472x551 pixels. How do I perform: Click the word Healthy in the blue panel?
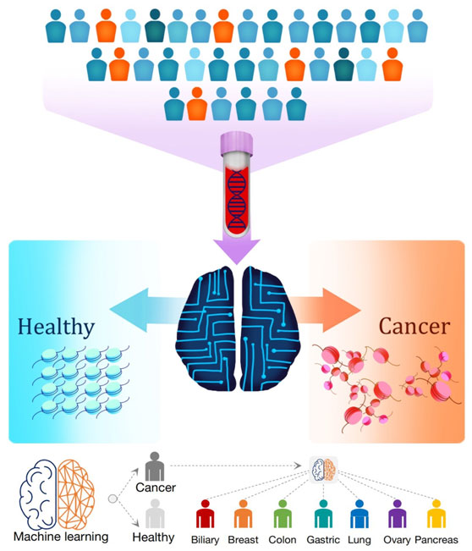pyautogui.click(x=56, y=328)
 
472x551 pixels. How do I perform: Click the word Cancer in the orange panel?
pyautogui.click(x=414, y=326)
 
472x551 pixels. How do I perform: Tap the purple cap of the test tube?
pyautogui.click(x=237, y=144)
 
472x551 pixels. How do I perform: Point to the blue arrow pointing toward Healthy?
pyautogui.click(x=147, y=310)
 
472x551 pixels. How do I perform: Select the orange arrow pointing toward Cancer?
pyautogui.click(x=325, y=310)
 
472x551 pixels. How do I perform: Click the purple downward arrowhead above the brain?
pyautogui.click(x=237, y=251)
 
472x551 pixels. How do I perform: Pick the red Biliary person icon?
pyautogui.click(x=205, y=514)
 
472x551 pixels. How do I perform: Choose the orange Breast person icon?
pyautogui.click(x=244, y=514)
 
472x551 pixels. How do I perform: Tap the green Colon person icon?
pyautogui.click(x=283, y=514)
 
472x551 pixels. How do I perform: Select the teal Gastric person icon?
pyautogui.click(x=323, y=514)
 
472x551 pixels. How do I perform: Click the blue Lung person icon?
pyautogui.click(x=359, y=514)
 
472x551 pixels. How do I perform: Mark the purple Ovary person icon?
pyautogui.click(x=398, y=514)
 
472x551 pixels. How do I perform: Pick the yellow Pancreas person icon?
pyautogui.click(x=436, y=514)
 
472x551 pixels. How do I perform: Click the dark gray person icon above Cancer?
pyautogui.click(x=155, y=466)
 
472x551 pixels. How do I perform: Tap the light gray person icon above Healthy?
pyautogui.click(x=155, y=514)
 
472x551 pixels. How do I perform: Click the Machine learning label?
pyautogui.click(x=61, y=537)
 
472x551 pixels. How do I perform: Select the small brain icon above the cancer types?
pyautogui.click(x=323, y=470)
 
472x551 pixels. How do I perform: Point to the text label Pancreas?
pyautogui.click(x=436, y=539)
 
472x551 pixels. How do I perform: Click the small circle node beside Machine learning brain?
pyautogui.click(x=113, y=499)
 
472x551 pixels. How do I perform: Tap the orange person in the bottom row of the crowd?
pyautogui.click(x=196, y=103)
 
